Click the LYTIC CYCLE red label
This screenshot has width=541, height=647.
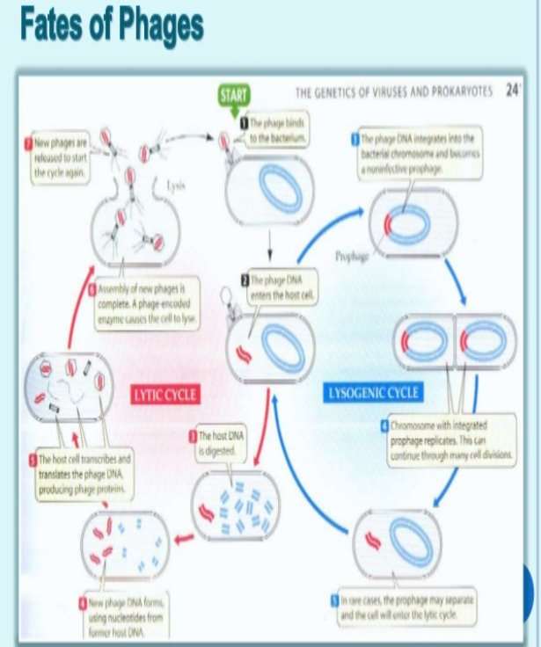[164, 395]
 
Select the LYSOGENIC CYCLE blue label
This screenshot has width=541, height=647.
[373, 392]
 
